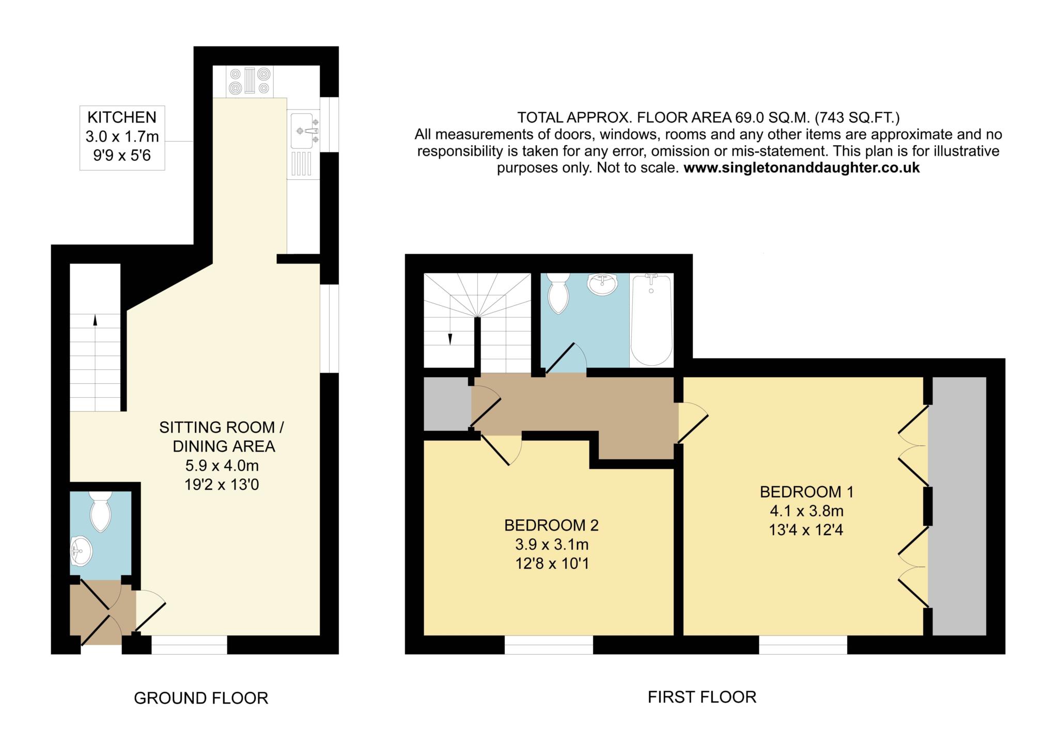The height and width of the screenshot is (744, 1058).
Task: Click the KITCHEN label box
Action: tap(122, 137)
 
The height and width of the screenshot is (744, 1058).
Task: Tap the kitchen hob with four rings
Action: tap(250, 81)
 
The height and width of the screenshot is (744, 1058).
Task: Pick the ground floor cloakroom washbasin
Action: tap(82, 551)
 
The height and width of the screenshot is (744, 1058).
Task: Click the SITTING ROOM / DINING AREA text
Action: tap(222, 437)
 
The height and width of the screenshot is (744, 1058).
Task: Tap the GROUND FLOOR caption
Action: tap(201, 698)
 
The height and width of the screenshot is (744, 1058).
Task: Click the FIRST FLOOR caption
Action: tap(702, 697)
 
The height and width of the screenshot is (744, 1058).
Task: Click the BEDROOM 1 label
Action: tap(806, 491)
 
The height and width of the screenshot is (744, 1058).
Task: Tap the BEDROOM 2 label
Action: tap(551, 525)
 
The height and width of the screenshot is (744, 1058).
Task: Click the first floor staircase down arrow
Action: tap(450, 339)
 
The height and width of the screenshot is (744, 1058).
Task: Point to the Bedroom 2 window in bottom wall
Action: tap(548, 645)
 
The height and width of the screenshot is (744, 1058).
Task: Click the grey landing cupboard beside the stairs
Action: tap(447, 404)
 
